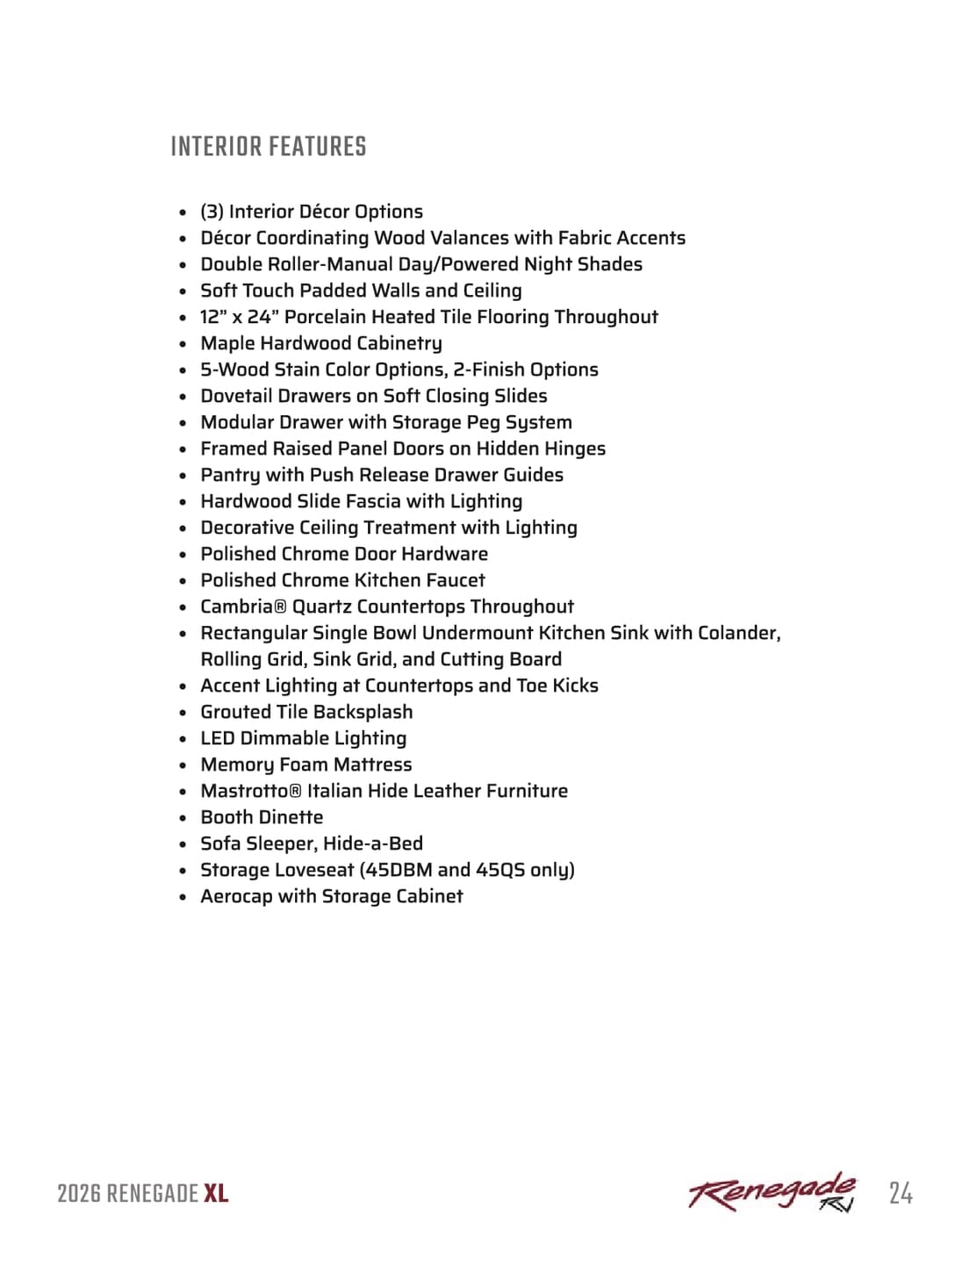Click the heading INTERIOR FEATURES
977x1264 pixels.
tap(269, 147)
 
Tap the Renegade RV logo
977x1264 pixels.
tap(772, 1192)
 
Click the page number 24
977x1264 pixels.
tap(900, 1194)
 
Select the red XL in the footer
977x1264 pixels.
tap(216, 1194)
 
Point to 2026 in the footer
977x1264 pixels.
tap(79, 1194)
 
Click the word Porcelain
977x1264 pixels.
tap(327, 317)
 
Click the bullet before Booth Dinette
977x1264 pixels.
tap(183, 818)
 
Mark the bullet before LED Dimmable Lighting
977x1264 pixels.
tap(183, 739)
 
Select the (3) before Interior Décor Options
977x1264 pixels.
tap(212, 212)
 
